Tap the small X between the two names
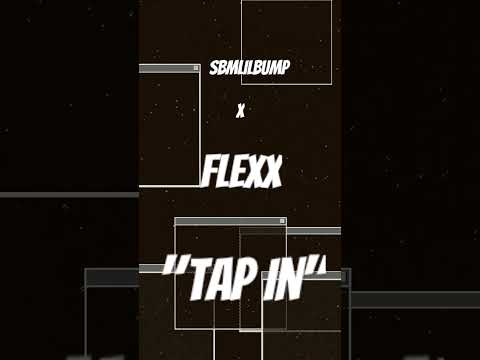(240, 112)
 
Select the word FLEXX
(240, 172)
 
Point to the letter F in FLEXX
(210, 172)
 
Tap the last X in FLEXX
(270, 172)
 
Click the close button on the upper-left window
(195, 69)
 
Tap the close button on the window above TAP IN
(282, 221)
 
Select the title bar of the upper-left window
(165, 69)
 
